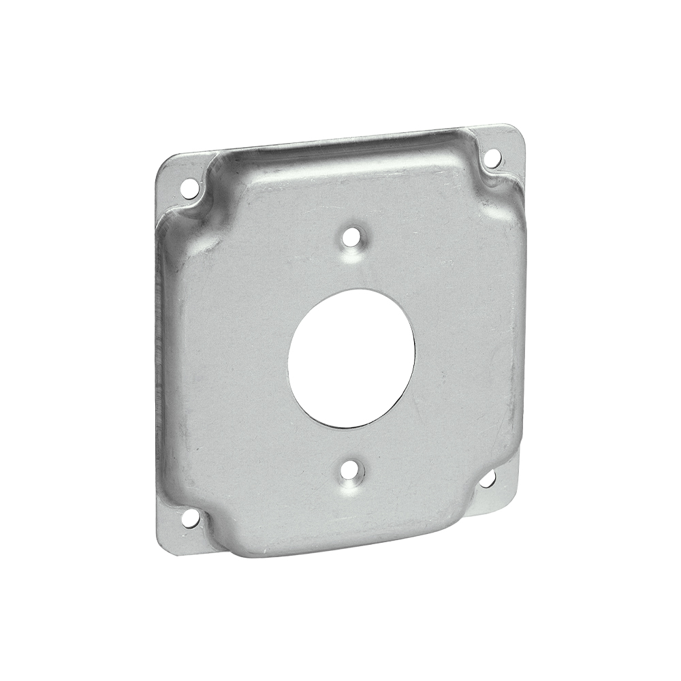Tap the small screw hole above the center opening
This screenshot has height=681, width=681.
click(x=351, y=238)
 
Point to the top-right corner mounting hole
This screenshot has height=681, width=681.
click(x=492, y=158)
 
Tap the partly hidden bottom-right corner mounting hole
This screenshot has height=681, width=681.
click(x=488, y=479)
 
